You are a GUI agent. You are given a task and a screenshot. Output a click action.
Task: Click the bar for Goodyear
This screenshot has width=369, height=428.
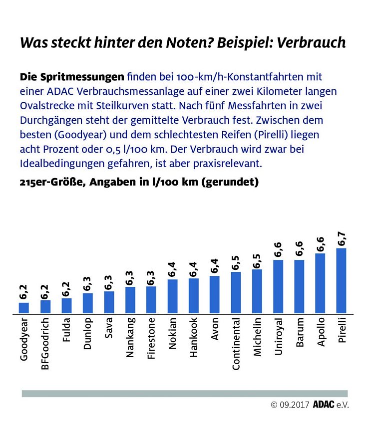(24, 308)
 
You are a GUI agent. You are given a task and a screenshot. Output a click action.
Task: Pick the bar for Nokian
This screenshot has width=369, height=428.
(172, 296)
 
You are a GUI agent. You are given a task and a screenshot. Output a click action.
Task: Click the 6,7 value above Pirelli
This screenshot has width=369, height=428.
(342, 238)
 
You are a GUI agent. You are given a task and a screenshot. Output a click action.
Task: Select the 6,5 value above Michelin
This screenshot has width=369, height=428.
(257, 260)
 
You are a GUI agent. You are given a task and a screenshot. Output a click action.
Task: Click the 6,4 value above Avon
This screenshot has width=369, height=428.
(215, 266)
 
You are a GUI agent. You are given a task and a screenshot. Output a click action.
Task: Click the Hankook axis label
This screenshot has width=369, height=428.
(194, 339)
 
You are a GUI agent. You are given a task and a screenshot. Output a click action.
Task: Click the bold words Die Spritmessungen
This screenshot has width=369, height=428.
(71, 77)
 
